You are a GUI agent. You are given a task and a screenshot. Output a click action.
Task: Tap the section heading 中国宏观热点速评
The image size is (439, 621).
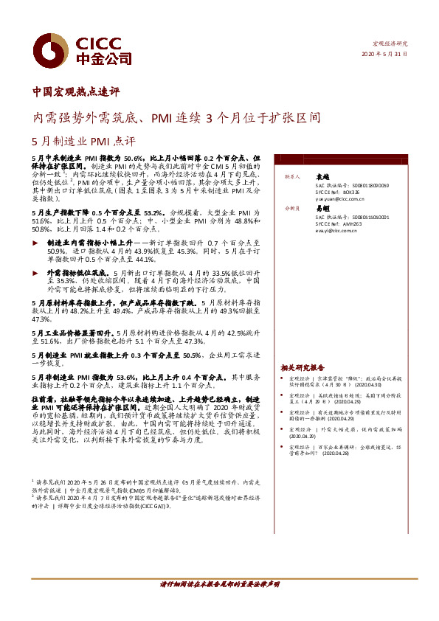point(77,93)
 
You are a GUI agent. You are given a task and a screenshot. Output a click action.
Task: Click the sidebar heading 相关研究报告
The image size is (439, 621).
point(303,367)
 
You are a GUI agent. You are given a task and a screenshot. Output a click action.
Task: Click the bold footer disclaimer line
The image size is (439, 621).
point(220,583)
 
